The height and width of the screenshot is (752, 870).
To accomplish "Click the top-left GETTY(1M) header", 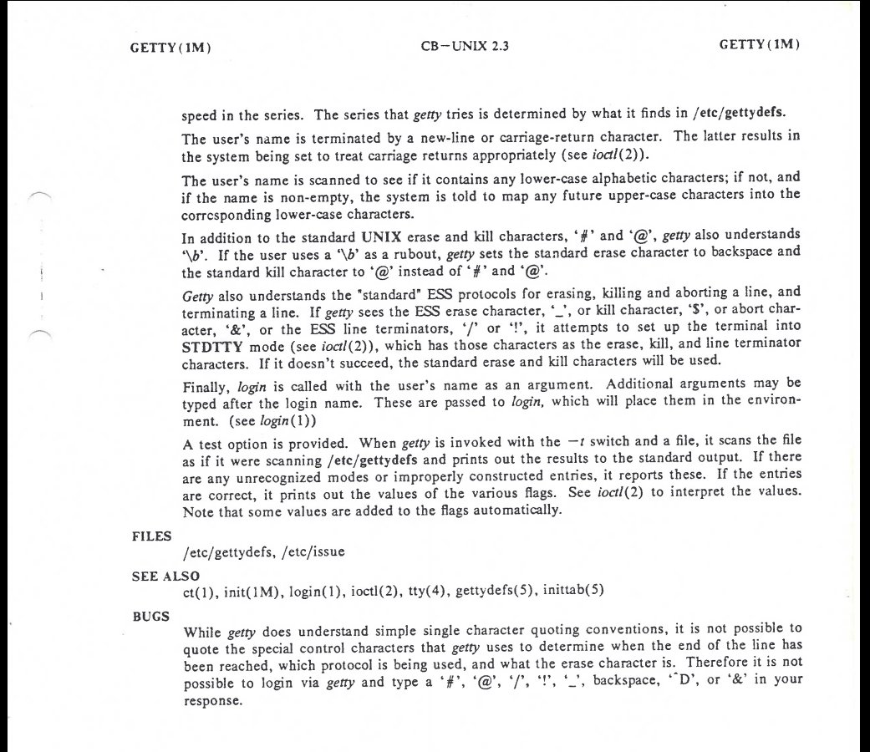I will [x=170, y=47].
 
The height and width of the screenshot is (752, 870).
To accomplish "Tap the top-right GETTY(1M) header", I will [x=760, y=45].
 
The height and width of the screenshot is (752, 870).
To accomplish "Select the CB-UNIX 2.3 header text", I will [x=465, y=46].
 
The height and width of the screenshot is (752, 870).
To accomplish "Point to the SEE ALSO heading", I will [x=165, y=577].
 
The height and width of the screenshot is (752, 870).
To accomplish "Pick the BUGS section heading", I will [x=150, y=616].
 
